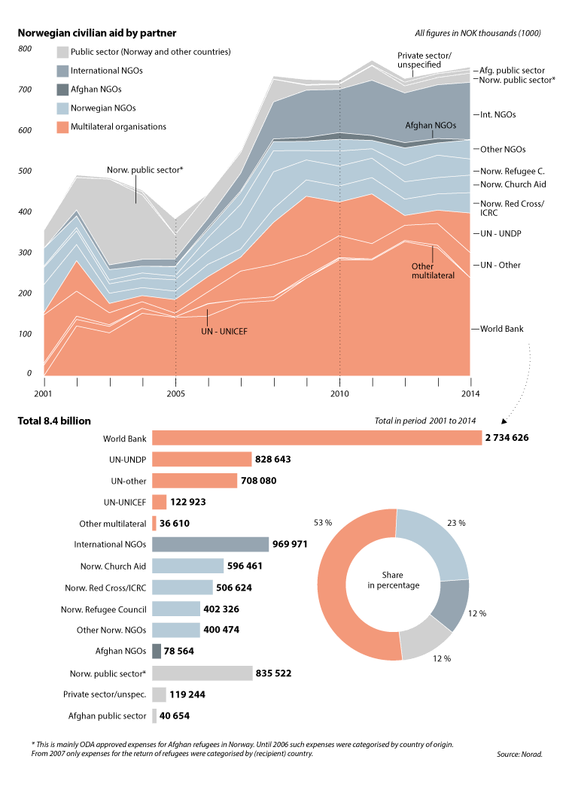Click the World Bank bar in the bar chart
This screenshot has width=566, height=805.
[x=316, y=438]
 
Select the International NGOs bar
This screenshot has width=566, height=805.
[x=210, y=544]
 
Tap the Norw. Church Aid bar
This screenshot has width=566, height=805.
[x=187, y=566]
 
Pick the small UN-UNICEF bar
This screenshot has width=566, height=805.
[x=159, y=502]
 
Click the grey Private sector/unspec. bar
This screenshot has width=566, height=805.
[x=159, y=694]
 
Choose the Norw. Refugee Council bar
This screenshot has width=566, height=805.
[x=176, y=609]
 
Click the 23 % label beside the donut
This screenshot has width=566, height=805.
[x=456, y=522]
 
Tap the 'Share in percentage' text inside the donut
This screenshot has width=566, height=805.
[x=394, y=580]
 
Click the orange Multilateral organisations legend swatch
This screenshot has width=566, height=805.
[x=62, y=127]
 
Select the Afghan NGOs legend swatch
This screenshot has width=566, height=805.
[x=62, y=90]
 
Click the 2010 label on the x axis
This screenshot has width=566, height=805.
[x=339, y=393]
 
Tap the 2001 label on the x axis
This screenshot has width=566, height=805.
[x=43, y=393]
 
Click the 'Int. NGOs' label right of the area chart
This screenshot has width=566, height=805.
[x=498, y=115]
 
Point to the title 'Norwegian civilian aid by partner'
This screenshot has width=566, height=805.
[x=97, y=33]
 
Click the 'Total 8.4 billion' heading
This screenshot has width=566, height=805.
[x=54, y=421]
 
